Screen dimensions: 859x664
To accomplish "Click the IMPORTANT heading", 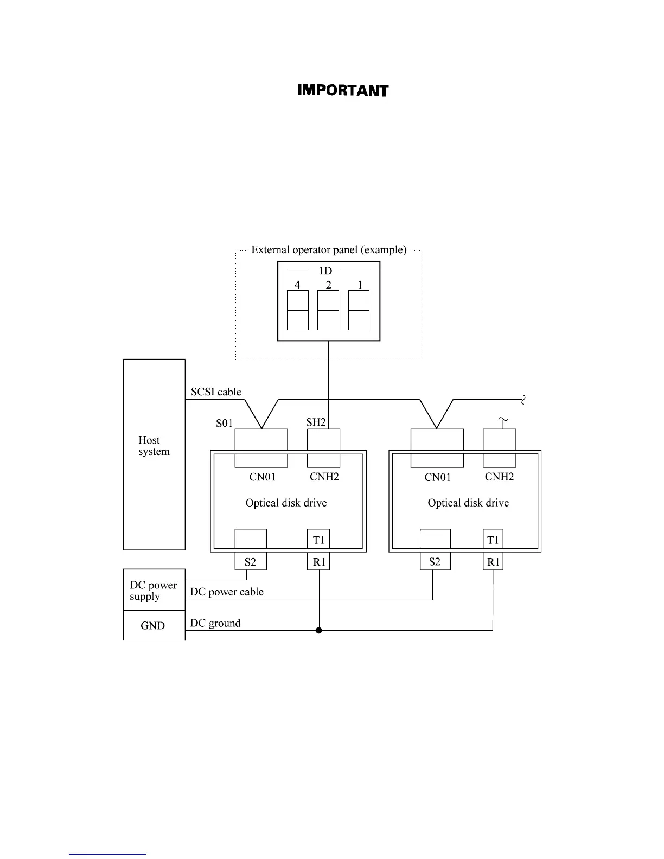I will [x=343, y=91].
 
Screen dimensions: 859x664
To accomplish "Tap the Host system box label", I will [x=154, y=446].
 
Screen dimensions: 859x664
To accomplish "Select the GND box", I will [x=153, y=625].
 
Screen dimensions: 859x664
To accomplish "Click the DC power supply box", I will [x=154, y=591].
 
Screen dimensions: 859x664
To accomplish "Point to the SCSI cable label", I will [x=216, y=392].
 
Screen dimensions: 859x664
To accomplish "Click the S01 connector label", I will [x=224, y=423].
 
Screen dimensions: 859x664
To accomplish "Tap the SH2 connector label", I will [x=316, y=422].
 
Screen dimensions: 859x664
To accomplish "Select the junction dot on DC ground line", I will [x=319, y=630].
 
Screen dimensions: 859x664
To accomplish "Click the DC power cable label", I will [x=227, y=592].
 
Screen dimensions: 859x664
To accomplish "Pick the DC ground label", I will [x=215, y=623].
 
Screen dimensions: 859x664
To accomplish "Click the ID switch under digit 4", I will [x=297, y=310].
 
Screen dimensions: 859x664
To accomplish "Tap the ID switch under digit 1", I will [x=359, y=310].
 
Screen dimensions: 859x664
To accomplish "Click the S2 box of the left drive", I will [x=250, y=562].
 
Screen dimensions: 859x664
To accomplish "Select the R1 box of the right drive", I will [x=493, y=562].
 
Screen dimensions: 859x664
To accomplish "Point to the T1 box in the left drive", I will [x=318, y=540].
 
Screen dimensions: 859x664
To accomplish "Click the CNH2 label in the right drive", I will [x=499, y=477].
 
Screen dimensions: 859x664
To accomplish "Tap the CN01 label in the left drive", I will [x=263, y=477].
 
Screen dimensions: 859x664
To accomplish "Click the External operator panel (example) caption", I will [x=329, y=250].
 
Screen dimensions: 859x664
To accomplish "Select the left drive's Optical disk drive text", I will [x=286, y=503].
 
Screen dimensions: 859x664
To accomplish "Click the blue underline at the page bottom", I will [x=107, y=854].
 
